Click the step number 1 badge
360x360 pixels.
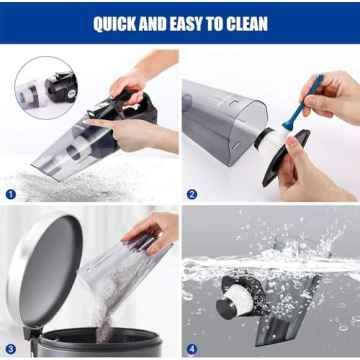(11, 194)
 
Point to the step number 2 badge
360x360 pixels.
(192, 194)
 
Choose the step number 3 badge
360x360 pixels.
(11, 349)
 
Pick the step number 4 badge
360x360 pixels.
(192, 349)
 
